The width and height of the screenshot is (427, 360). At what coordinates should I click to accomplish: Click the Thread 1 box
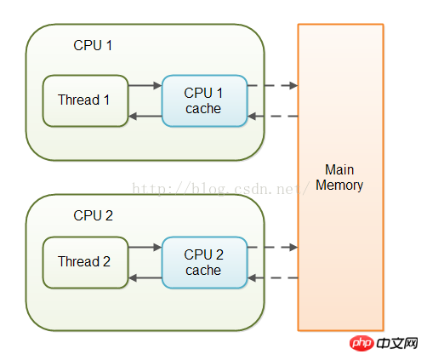(x=85, y=100)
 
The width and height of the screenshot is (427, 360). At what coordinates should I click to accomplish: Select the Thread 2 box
(x=85, y=262)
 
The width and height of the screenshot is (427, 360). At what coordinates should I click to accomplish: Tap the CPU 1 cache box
(x=204, y=100)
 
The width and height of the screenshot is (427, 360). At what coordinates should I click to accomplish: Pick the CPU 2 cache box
(x=204, y=262)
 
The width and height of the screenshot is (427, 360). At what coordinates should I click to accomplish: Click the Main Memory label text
(x=339, y=178)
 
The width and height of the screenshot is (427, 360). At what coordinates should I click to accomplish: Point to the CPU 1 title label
(x=93, y=45)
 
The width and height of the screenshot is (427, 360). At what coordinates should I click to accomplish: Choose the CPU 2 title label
(x=93, y=215)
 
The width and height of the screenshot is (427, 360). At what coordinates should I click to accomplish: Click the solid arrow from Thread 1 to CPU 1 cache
(x=145, y=85)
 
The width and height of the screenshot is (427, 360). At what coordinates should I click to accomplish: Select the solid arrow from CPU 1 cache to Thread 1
(x=145, y=116)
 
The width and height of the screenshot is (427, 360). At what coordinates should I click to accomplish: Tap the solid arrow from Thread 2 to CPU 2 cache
(x=145, y=247)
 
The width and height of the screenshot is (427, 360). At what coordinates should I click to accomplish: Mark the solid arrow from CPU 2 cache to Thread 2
(x=145, y=277)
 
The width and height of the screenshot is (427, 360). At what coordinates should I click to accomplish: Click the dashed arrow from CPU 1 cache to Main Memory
(x=272, y=85)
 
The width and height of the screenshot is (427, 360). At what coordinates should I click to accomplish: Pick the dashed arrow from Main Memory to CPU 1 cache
(x=272, y=116)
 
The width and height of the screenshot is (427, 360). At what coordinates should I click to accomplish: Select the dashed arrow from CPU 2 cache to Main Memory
(x=272, y=247)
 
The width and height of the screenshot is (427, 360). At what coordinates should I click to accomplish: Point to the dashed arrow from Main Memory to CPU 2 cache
(x=272, y=277)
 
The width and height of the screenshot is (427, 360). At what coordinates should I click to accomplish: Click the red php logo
(x=362, y=343)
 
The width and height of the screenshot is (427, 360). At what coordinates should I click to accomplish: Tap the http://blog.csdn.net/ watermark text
(x=220, y=188)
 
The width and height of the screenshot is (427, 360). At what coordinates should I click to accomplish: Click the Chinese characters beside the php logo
(x=397, y=343)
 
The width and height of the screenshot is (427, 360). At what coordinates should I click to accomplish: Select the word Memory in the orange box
(x=339, y=186)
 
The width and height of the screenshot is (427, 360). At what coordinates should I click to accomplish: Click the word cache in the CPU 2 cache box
(x=203, y=271)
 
